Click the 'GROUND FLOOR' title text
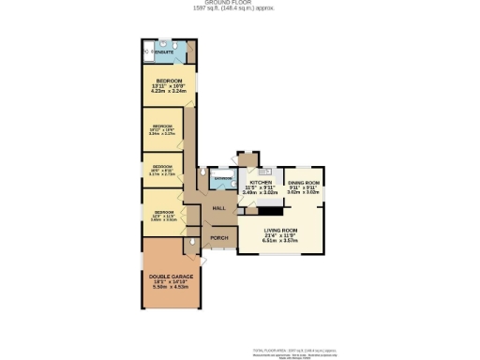point(239,4)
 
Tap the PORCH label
point(218,238)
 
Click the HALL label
point(219,207)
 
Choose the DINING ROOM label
point(304,182)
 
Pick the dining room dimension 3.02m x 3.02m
point(304,192)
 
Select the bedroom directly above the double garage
point(163,213)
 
